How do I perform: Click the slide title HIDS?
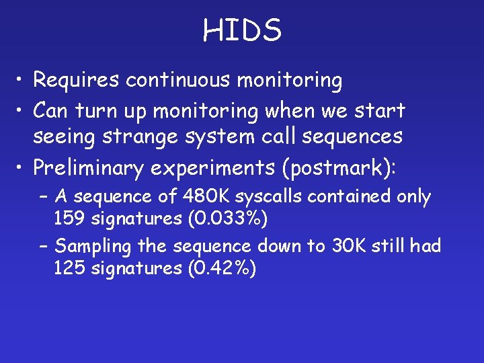[x=242, y=30]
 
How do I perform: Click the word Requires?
[x=77, y=81]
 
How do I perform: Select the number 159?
[x=69, y=219]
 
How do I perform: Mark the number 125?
[x=69, y=269]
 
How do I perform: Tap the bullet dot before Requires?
[x=22, y=81]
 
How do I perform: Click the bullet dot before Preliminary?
[x=22, y=167]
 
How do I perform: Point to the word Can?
[x=53, y=108]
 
